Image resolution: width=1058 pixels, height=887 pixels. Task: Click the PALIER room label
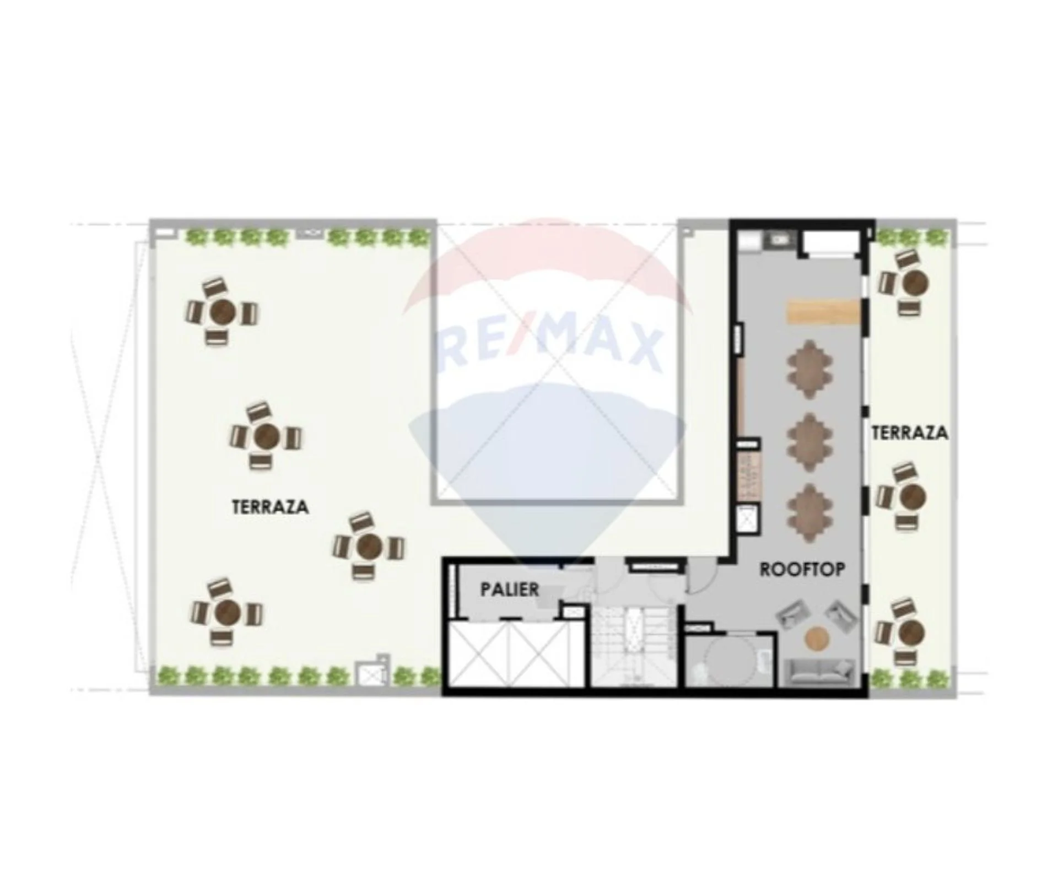[510, 589]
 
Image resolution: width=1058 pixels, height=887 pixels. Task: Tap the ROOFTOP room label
[802, 569]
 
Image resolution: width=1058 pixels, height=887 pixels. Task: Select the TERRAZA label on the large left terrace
[270, 507]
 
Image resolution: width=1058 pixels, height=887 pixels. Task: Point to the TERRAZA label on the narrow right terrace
[910, 432]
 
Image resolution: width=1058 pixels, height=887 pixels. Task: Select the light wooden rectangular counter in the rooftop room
[823, 312]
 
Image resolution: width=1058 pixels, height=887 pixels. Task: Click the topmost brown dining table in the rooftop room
[809, 369]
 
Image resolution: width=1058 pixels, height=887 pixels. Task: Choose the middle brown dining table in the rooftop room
[809, 442]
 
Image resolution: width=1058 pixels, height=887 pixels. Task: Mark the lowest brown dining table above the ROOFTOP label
[809, 512]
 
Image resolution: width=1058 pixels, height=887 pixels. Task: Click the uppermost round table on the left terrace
[223, 312]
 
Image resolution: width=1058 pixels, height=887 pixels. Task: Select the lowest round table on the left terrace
[227, 612]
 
